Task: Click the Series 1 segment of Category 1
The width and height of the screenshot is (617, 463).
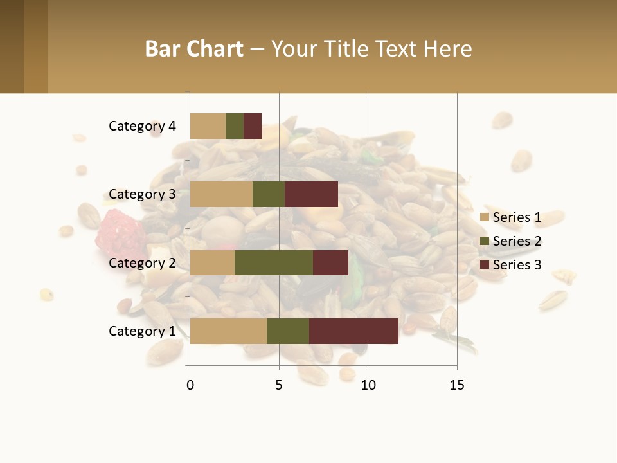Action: (x=228, y=331)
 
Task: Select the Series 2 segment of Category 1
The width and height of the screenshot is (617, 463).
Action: (x=288, y=331)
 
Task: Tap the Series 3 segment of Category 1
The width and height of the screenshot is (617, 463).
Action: (x=353, y=331)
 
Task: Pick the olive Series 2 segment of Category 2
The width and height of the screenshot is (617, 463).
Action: (x=274, y=262)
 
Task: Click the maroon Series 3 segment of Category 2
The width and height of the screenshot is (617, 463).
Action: (x=330, y=262)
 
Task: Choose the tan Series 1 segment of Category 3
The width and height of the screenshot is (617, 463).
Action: (x=221, y=194)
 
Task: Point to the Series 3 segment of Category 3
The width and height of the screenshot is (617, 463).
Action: (x=311, y=194)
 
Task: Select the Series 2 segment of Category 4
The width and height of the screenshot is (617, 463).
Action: (x=235, y=126)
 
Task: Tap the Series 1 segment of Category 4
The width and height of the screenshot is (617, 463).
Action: (x=208, y=126)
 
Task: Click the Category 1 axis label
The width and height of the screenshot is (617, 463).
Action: (x=142, y=331)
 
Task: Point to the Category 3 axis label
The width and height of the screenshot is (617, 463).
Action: (x=142, y=194)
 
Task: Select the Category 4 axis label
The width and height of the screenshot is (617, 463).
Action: (x=142, y=126)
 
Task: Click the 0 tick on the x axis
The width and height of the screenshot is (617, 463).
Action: (x=190, y=385)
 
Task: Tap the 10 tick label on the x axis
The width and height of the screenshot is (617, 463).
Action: (x=368, y=385)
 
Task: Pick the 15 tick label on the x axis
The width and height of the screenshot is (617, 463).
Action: (x=456, y=385)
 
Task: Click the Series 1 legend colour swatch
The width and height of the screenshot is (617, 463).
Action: (x=485, y=217)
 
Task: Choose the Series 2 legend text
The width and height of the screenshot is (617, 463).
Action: (x=517, y=241)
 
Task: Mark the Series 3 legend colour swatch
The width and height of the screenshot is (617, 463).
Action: (x=485, y=265)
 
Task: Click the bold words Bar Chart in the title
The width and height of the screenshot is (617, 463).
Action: (x=194, y=49)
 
